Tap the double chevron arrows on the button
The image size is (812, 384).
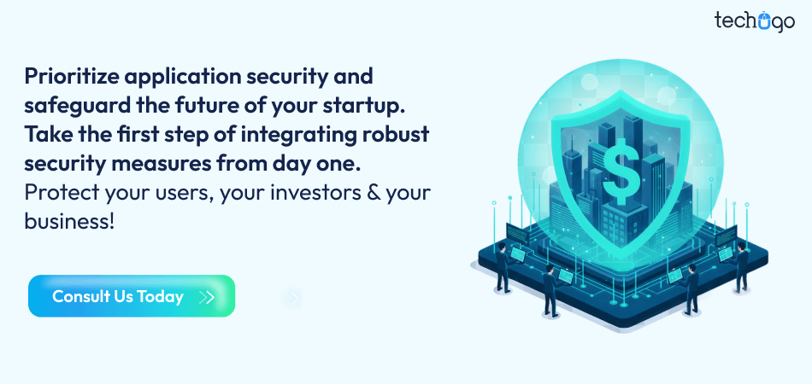206,297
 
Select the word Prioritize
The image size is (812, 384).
71,77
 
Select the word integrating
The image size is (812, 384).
303,136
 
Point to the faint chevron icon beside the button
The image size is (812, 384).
293,298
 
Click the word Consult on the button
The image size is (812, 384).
80,297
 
